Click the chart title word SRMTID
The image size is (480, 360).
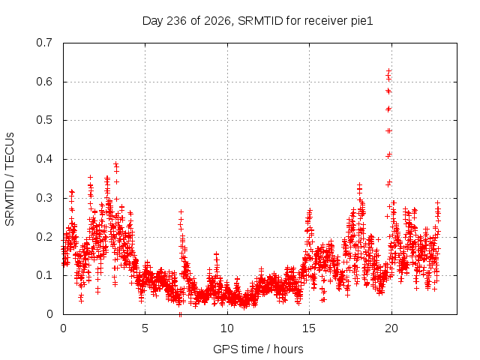pos(260,21)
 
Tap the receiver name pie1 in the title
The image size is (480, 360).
pos(361,21)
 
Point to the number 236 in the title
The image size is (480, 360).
pos(176,21)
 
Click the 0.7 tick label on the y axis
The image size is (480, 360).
pos(44,43)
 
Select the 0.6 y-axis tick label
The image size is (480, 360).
pos(44,82)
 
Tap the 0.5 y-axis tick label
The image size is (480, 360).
pos(44,120)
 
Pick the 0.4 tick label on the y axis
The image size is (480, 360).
pos(44,159)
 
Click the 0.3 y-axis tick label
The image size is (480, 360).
pos(44,198)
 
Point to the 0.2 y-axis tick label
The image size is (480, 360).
pos(44,237)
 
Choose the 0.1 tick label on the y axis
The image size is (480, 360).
pos(44,275)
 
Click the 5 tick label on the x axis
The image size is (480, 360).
pos(145,328)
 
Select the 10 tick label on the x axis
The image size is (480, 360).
pos(227,328)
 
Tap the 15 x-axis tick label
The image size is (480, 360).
pos(309,328)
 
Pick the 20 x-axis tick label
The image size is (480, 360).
pos(391,328)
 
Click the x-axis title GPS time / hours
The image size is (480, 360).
pos(258,349)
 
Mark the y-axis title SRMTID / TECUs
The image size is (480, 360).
pos(10,179)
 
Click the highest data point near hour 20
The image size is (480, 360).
pos(388,71)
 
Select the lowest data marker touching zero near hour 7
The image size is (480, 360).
pos(180,314)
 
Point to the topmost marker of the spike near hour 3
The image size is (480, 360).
pos(115,163)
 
